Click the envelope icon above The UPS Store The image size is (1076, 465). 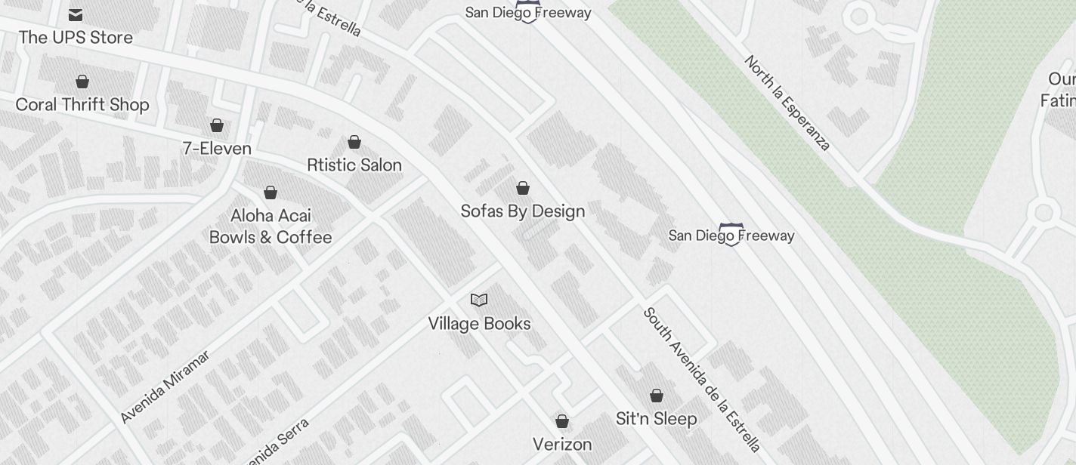[x=76, y=14]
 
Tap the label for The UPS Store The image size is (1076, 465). [x=76, y=37]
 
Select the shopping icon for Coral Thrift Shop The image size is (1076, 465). [x=82, y=82]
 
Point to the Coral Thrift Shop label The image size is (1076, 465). [x=82, y=104]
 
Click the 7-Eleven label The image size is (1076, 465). [x=217, y=148]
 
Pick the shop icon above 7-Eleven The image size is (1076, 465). [x=217, y=125]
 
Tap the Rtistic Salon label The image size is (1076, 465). [x=354, y=165]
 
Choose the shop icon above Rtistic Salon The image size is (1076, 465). [x=354, y=142]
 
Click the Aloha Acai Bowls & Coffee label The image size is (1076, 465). [x=271, y=226]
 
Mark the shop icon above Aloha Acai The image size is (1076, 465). [x=271, y=192]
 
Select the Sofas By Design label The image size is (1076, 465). [x=523, y=211]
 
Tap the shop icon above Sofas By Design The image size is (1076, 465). [x=523, y=188]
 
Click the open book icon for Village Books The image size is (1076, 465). [x=479, y=300]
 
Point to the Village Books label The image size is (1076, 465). [x=479, y=323]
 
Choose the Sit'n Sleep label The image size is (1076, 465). [x=657, y=418]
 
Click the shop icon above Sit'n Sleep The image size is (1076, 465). [x=657, y=396]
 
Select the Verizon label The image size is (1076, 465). [x=562, y=444]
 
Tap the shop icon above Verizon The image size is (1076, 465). [x=562, y=421]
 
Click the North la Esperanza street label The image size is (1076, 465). [x=787, y=103]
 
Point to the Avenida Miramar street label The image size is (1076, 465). [x=165, y=386]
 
